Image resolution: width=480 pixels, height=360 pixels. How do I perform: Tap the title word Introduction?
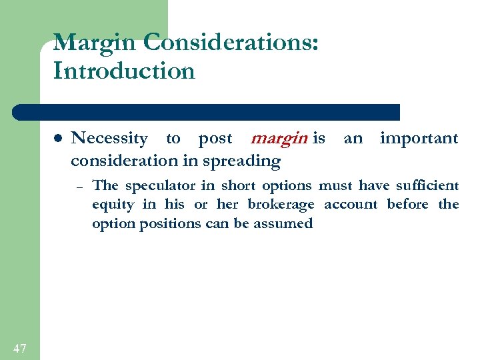point(124,70)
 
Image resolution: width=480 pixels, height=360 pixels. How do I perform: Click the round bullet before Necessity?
point(57,139)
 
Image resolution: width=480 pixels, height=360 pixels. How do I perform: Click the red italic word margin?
point(279,139)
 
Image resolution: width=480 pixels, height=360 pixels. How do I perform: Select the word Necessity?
point(109,139)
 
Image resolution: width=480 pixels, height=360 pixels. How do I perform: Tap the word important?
point(419,139)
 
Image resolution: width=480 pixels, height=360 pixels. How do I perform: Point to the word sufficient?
point(425,185)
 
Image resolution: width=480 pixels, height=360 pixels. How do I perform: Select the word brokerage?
point(280,205)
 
